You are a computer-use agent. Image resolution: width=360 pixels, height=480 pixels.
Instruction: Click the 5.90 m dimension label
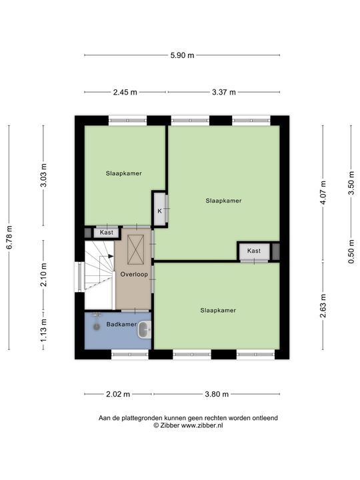click(182, 55)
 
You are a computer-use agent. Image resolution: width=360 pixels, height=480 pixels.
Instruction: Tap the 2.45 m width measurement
click(125, 92)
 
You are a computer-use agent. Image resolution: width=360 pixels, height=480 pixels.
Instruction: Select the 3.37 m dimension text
click(224, 92)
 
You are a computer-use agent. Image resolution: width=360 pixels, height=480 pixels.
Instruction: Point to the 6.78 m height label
click(9, 237)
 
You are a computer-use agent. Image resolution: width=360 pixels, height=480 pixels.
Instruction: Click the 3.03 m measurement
click(44, 175)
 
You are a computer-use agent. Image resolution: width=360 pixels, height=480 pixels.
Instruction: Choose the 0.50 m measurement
click(351, 251)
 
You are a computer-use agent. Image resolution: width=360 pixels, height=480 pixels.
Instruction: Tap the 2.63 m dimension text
click(323, 306)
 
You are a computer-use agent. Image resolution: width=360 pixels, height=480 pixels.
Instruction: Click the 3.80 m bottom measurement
click(217, 394)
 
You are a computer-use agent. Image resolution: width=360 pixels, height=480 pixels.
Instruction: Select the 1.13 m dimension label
click(44, 330)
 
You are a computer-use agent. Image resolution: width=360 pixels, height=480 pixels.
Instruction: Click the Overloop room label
click(134, 274)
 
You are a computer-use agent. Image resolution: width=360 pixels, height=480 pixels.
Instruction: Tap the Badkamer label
click(121, 324)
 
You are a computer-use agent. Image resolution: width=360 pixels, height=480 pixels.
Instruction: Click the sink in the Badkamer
click(145, 330)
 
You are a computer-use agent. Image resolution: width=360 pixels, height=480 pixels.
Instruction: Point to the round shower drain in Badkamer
click(97, 327)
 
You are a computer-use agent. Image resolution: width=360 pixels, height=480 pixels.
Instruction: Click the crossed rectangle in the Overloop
click(135, 249)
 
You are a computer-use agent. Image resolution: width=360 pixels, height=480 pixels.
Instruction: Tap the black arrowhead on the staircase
click(111, 256)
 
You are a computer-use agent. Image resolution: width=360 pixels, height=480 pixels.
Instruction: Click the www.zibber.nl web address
click(202, 425)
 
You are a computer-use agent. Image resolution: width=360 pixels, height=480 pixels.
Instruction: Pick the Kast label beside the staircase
click(107, 233)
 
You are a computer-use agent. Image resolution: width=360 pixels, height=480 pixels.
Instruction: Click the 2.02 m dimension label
click(118, 394)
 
